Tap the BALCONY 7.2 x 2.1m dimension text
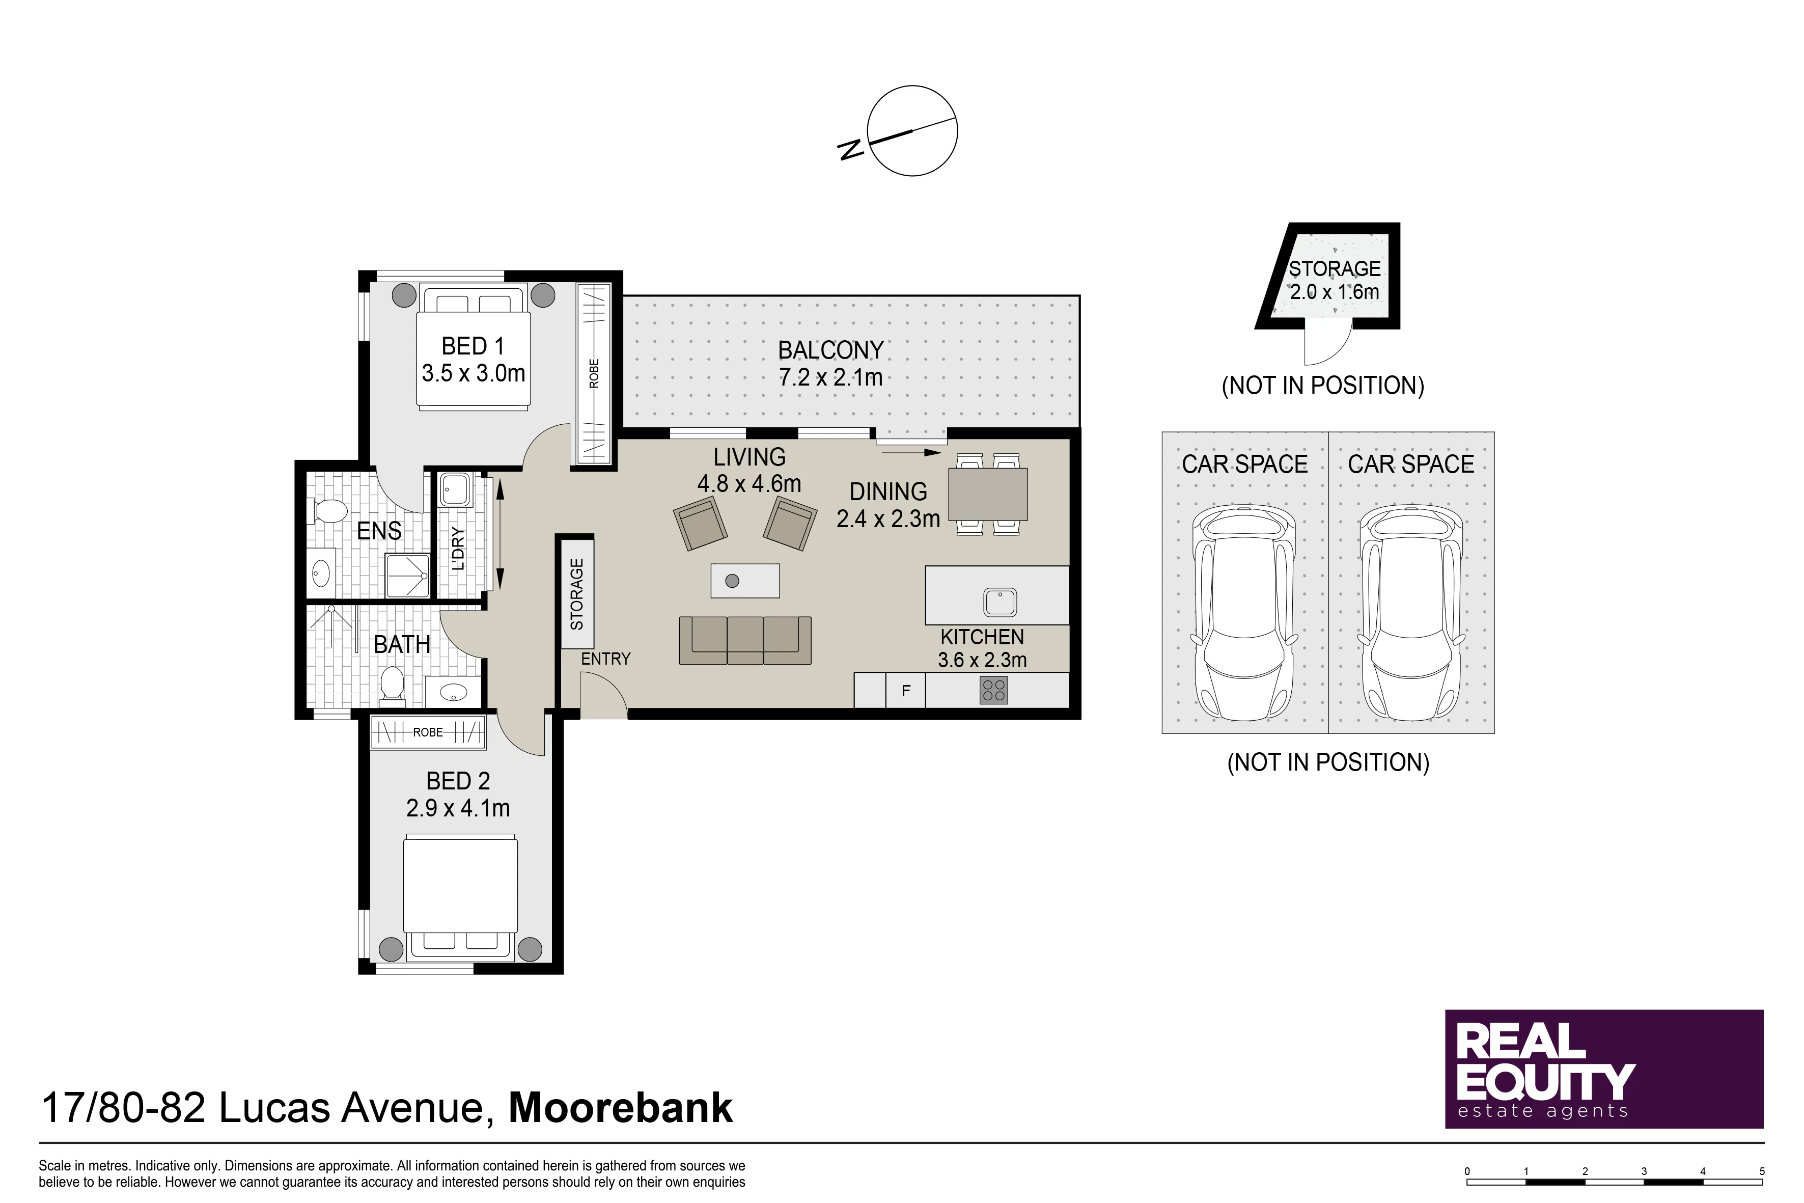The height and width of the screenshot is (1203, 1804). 830,377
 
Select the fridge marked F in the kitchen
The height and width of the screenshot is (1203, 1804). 906,691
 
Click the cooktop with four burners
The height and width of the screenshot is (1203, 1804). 994,691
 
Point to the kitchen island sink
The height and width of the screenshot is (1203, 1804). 1000,603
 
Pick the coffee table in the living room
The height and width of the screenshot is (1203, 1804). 745,581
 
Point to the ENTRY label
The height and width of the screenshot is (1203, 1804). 605,659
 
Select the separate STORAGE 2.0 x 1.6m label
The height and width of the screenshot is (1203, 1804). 1335,280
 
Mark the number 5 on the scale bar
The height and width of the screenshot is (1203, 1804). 1762,1171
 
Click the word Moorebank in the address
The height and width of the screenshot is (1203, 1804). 621,1108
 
